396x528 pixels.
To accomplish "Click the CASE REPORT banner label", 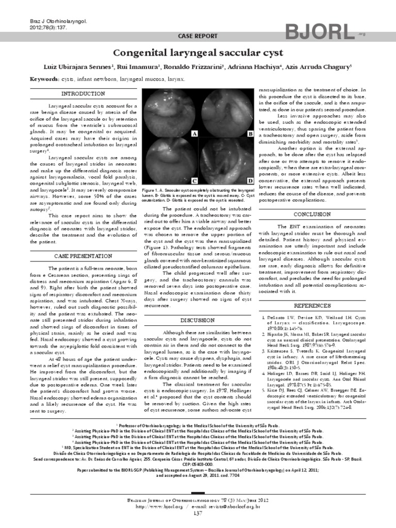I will (x=198, y=36).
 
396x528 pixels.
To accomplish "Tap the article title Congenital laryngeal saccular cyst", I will (x=197, y=53).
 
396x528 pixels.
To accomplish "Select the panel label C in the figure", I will (x=194, y=181).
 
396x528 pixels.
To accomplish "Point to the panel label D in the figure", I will (x=250, y=181).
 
